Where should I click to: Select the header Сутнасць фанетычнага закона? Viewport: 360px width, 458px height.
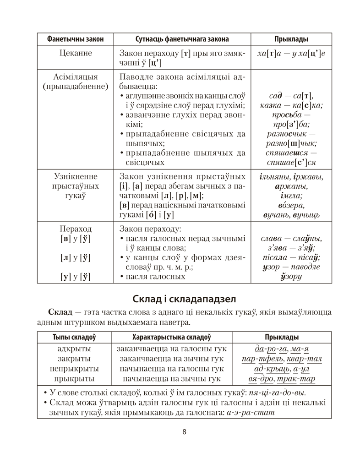(x=182, y=39)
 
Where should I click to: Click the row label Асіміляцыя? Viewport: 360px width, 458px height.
(x=76, y=76)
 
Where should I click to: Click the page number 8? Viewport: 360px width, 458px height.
(x=184, y=432)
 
